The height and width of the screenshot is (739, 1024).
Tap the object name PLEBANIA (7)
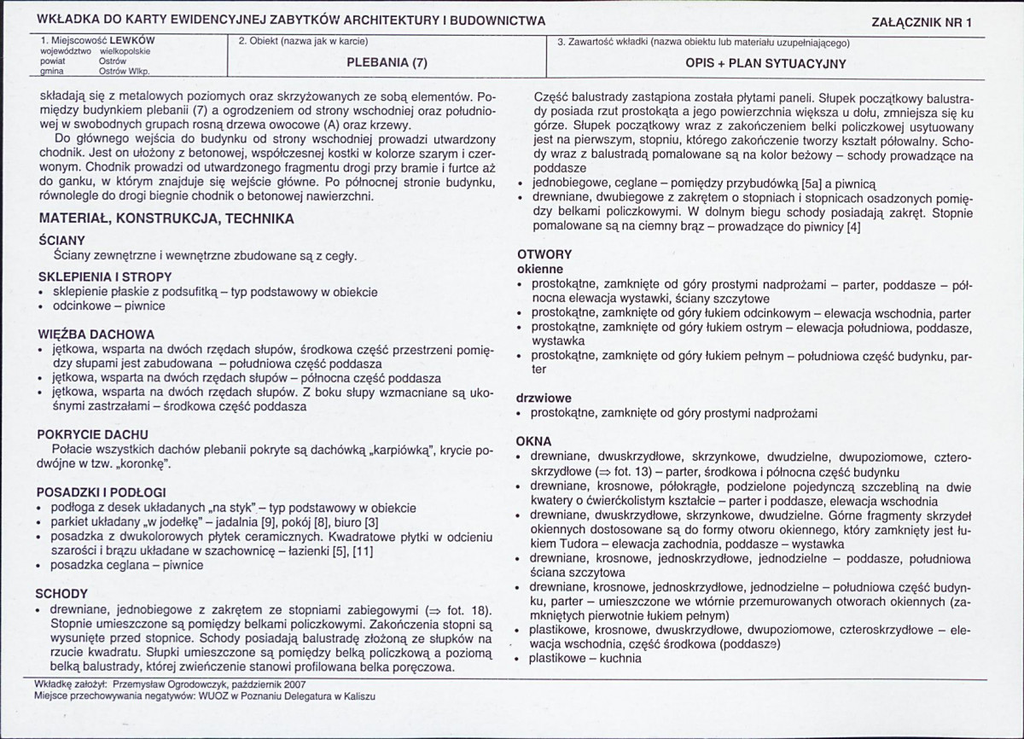coord(387,62)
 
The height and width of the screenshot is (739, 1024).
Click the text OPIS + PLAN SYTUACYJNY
coord(765,63)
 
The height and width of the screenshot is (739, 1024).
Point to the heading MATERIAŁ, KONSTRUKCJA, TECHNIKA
coord(166,218)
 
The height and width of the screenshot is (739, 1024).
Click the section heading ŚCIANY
coord(61,241)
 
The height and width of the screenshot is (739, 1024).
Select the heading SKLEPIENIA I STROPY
coord(105,276)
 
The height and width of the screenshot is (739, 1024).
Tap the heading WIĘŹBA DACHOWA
coord(96,334)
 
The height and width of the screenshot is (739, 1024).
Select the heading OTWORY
coord(544,254)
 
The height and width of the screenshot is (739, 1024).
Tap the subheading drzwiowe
coord(544,398)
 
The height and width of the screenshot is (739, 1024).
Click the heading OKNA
coord(534,441)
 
